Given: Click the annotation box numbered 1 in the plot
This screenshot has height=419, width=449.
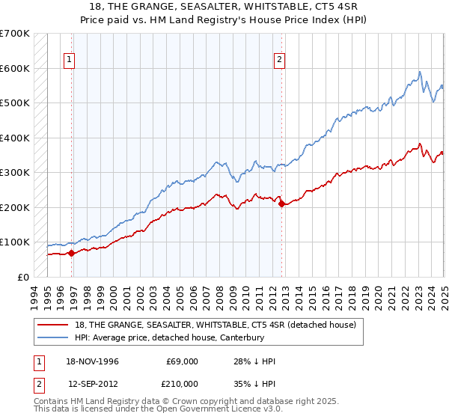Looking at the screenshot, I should [x=69, y=61].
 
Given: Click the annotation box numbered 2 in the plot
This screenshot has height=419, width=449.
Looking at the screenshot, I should [x=279, y=61].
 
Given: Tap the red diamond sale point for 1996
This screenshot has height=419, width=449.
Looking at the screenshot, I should [x=71, y=253].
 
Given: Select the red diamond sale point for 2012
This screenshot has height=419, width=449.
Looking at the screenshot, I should [x=281, y=204].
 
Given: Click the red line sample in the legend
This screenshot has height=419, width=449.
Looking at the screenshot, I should [x=55, y=324].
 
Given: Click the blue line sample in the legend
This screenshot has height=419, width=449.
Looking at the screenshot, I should [x=55, y=337].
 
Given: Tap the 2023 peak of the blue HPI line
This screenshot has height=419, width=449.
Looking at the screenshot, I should [x=420, y=72].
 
